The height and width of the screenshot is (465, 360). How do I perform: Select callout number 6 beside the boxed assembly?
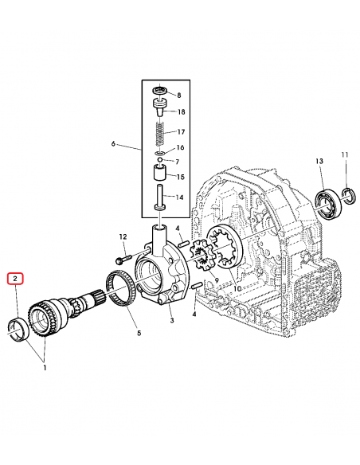(x=113, y=144)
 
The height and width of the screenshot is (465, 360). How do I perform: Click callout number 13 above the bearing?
(x=319, y=162)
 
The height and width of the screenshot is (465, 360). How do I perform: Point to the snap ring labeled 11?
(x=347, y=193)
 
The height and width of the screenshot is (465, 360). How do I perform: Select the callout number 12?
(x=123, y=236)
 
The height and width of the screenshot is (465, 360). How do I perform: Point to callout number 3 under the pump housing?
(x=170, y=320)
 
